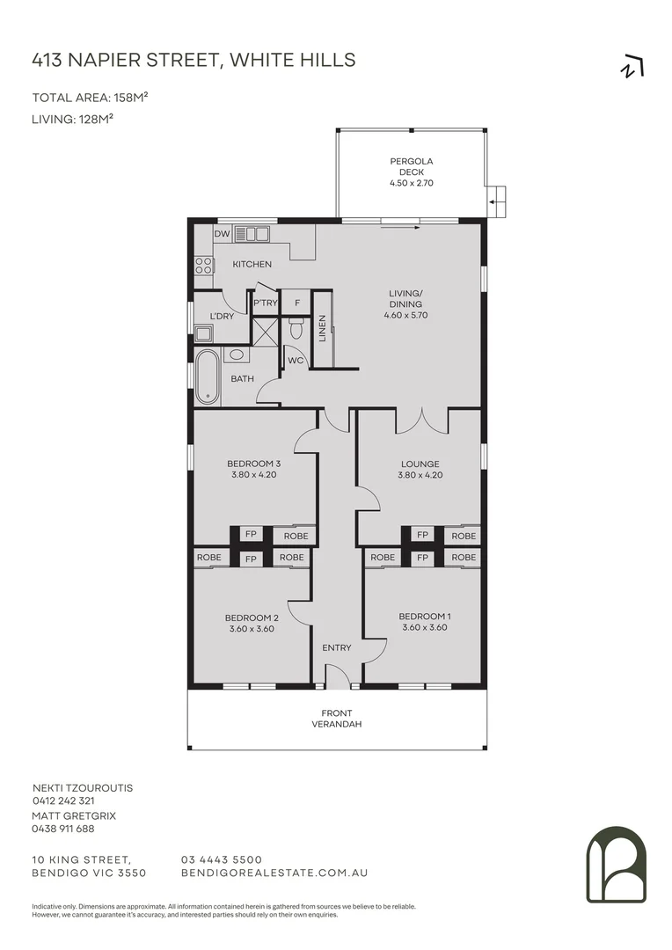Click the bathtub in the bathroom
point(208,376)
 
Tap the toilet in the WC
point(296,329)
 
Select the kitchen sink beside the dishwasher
point(252,234)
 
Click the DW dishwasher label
point(222,234)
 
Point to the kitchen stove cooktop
point(203,265)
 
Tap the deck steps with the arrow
point(497,201)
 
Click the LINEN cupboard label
point(323,329)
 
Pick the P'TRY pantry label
point(265,303)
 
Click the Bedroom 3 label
point(253,464)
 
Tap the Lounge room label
point(420,464)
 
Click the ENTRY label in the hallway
point(336,647)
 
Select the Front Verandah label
point(336,719)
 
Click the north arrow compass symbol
point(632,67)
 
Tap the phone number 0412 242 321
point(63,801)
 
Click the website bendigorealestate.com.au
point(274,873)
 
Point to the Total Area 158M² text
point(90,98)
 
